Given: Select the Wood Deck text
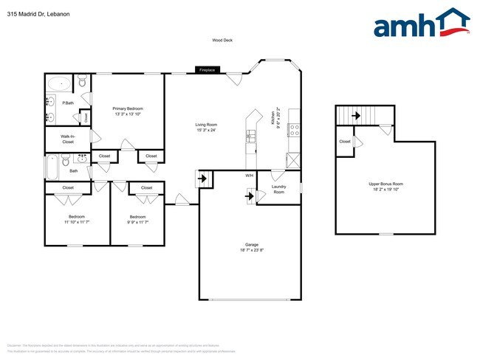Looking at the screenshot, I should click(222, 41).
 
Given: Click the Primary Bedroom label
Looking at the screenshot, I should click(128, 111).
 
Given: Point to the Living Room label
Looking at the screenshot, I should click(206, 128).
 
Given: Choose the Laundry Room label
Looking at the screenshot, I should click(278, 190).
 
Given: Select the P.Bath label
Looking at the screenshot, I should click(67, 103).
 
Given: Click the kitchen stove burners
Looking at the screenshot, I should click(293, 130).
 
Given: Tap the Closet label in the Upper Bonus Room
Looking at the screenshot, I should click(345, 142).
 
